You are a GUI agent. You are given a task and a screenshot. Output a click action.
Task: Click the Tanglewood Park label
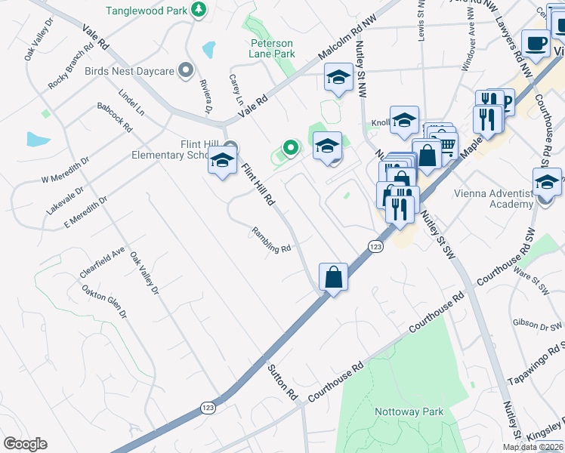coord(147,11)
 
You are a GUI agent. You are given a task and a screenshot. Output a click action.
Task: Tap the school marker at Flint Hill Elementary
coord(222,162)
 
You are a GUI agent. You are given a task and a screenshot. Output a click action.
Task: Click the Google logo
coord(25,444)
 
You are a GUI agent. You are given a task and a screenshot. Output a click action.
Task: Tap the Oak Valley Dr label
coord(145,273)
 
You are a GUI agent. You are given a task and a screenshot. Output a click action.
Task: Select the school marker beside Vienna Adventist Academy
coord(547,183)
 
